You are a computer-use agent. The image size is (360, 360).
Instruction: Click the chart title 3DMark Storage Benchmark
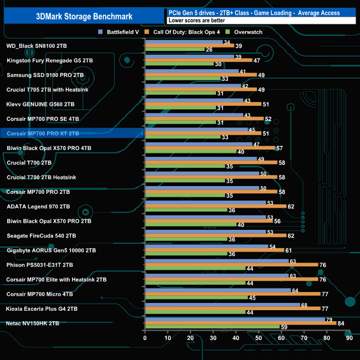click(83, 16)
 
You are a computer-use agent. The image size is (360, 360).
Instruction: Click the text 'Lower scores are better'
click(200, 20)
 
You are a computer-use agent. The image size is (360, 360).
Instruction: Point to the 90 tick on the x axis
click(349, 338)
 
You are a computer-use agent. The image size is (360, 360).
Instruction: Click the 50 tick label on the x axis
click(258, 338)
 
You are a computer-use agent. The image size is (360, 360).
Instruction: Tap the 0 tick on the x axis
click(145, 338)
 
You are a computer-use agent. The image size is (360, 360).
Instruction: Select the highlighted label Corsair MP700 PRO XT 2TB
click(43, 133)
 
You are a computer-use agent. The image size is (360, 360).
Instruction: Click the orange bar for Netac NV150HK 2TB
click(240, 323)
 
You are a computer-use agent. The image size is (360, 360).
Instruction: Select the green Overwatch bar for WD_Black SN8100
click(174, 50)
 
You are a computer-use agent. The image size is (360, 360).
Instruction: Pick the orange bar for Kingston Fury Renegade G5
click(198, 60)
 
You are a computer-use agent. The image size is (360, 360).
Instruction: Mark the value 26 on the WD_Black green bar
click(209, 50)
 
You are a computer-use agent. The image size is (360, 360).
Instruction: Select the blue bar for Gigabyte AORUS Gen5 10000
click(206, 246)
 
